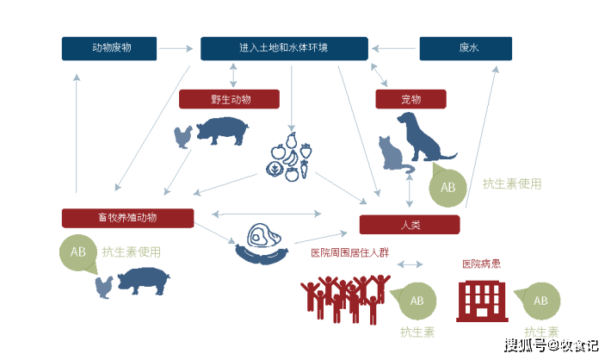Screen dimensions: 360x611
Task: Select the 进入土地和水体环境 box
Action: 284,48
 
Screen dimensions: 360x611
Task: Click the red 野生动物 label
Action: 229,99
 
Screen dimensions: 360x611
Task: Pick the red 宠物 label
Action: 410,99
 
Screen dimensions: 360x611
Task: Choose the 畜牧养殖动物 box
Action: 127,217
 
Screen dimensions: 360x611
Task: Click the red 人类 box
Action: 410,225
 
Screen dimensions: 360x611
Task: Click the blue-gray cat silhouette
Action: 394,155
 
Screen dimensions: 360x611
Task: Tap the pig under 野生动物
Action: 222,132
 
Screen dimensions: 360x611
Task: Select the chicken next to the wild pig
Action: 182,136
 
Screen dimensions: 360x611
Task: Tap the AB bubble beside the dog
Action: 447,187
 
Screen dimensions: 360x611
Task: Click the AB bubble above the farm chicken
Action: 78,252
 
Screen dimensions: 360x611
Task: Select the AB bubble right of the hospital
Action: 540,301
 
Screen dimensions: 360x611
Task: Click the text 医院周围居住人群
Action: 349,253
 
